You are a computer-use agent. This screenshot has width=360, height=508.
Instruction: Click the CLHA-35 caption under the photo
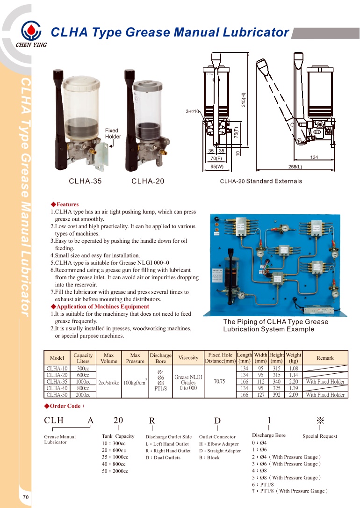click(x=85, y=181)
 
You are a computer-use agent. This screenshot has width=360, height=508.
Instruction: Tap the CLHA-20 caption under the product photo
click(x=148, y=181)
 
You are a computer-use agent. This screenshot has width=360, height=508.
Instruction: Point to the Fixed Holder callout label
click(x=113, y=133)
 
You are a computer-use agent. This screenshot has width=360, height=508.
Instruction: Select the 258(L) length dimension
click(x=295, y=166)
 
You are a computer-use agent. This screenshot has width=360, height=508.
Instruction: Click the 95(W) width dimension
click(x=217, y=166)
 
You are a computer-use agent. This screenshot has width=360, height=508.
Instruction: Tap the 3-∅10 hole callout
click(x=193, y=111)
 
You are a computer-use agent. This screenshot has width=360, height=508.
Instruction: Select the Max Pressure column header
click(x=135, y=358)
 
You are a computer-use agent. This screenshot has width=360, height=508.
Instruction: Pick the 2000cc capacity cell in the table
click(x=83, y=395)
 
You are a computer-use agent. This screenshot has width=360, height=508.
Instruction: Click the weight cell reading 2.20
click(x=294, y=382)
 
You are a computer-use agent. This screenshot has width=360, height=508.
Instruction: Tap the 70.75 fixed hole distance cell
click(x=220, y=382)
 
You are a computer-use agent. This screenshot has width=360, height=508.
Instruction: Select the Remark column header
click(x=325, y=358)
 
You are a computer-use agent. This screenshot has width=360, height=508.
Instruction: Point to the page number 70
click(x=26, y=497)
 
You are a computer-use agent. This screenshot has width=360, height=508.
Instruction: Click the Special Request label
click(x=320, y=436)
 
